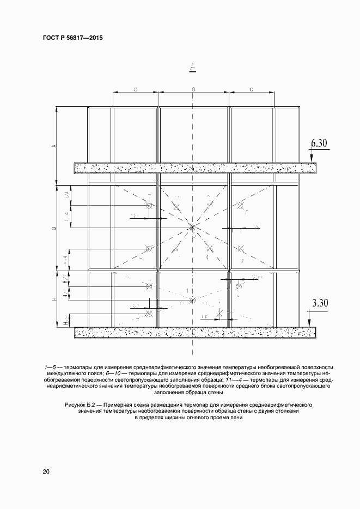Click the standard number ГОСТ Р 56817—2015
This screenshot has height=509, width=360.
click(x=72, y=38)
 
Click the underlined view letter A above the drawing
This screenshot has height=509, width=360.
click(x=193, y=68)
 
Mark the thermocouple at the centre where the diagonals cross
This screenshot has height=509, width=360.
click(x=193, y=227)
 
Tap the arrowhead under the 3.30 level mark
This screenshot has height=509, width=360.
click(x=309, y=323)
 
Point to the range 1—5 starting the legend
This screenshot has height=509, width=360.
click(x=51, y=367)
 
